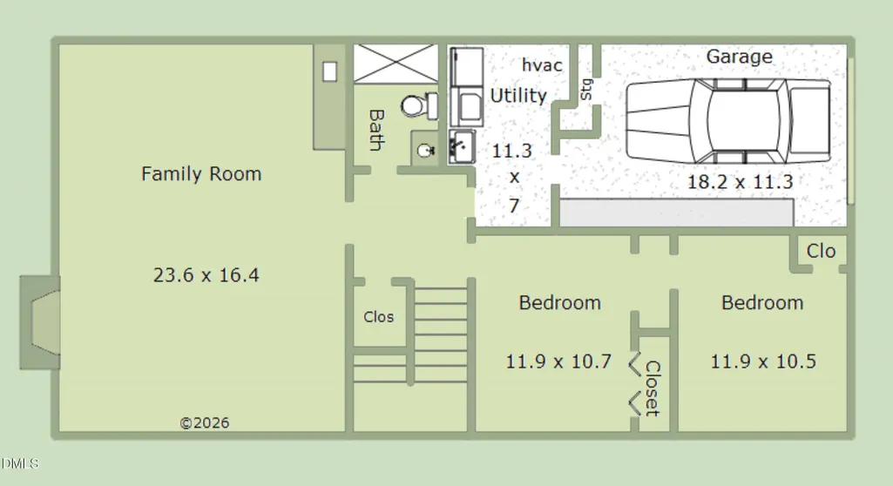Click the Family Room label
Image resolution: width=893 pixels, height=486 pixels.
201,173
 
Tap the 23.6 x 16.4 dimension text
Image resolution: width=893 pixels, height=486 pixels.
206,275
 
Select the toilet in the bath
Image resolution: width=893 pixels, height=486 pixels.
419,106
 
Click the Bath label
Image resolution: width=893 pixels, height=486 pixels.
375,131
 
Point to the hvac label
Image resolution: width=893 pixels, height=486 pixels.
542,65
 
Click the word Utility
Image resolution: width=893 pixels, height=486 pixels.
518,96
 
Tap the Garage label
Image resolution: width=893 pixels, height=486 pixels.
740,57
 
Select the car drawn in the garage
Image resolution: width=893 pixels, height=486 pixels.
727,121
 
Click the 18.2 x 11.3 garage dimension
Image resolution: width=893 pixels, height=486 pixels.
740,182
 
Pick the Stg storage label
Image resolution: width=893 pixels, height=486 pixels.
586,90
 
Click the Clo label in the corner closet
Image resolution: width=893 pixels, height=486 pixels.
821,251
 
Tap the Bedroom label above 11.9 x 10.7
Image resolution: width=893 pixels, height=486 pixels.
560,303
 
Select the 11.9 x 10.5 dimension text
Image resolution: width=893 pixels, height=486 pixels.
763,361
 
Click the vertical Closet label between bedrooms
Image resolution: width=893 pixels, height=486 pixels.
653,388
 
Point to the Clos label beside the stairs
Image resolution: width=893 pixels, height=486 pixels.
379,317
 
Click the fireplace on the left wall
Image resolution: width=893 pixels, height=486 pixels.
40,322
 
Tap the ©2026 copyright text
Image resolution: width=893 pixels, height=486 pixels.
205,422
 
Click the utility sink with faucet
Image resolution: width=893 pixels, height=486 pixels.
462,147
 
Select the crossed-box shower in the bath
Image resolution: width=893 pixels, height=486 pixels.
396,64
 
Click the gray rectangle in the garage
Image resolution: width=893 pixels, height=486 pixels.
677,213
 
